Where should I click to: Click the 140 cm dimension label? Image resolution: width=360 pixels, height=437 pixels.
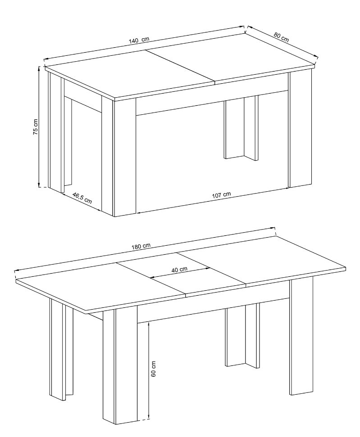pos(139,40)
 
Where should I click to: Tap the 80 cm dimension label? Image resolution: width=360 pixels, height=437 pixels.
pos(281,37)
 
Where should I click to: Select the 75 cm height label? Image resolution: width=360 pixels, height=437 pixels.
pos(36,127)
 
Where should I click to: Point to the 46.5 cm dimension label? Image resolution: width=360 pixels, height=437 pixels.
pos(82,198)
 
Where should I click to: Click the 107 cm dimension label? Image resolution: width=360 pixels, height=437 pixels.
pos(222,194)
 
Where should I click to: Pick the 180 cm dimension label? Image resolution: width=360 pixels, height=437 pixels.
pos(141,246)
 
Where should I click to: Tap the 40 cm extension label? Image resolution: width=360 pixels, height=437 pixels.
pos(179,270)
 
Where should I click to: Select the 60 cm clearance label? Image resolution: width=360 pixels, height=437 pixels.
pos(154,369)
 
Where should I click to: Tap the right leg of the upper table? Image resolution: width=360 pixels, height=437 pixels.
pos(300,128)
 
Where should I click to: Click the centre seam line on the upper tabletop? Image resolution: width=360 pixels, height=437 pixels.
pos(181,66)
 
